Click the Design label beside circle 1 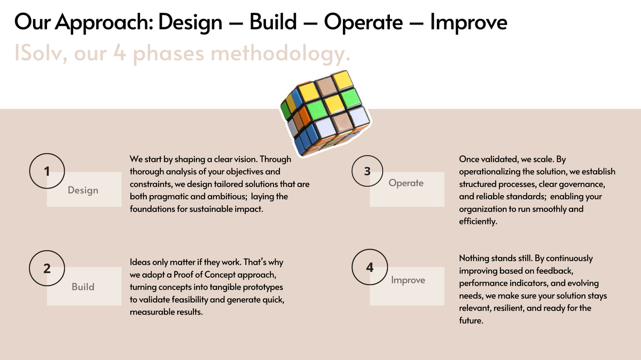pos(83,190)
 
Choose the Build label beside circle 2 pos(83,287)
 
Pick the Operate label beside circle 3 pos(406,183)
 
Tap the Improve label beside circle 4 pos(408,280)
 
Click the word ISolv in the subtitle pos(41,53)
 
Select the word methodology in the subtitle pos(280,54)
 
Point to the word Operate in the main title pos(363,22)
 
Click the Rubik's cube pos(326,113)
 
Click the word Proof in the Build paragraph pos(183,275)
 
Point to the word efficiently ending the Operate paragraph pos(478,222)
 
